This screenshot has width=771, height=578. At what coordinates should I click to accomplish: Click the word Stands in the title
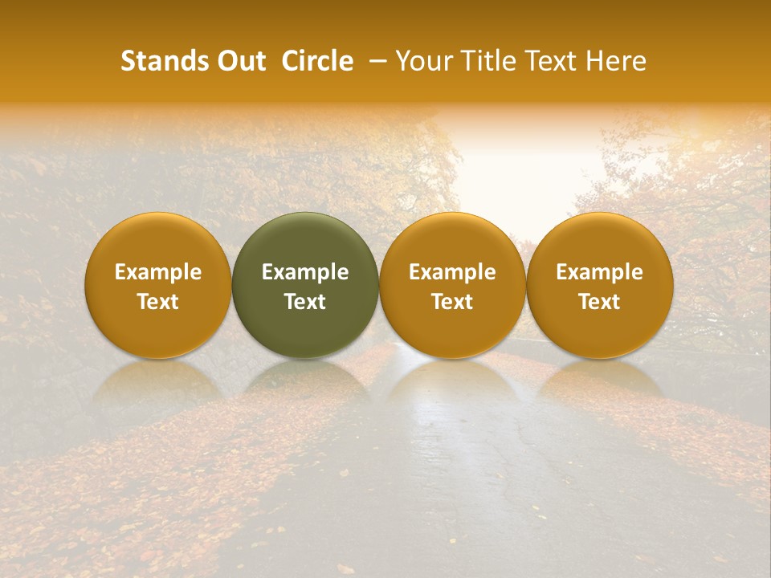[163, 62]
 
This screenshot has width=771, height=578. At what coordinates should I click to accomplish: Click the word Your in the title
[422, 62]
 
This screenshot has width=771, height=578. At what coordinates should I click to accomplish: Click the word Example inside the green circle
[305, 273]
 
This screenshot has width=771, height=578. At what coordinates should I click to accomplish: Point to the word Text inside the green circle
[305, 302]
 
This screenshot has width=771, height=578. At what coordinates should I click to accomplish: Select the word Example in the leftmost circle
[158, 273]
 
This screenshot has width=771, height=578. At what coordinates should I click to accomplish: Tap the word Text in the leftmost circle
[158, 302]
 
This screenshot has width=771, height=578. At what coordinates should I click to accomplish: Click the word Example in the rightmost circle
[600, 273]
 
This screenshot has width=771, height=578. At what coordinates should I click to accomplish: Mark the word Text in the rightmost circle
[600, 302]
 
